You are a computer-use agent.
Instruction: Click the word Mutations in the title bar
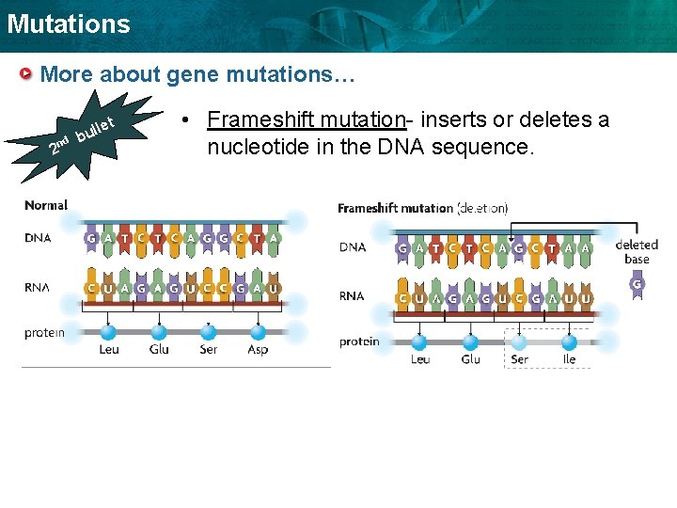pos(69,24)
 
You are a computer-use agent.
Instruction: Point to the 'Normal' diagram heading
pos(46,205)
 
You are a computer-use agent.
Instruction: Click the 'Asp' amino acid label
pos(258,349)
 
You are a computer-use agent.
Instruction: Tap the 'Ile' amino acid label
pos(569,358)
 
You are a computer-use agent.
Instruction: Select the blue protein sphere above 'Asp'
pos(258,331)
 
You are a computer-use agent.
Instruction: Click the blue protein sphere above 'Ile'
pos(569,341)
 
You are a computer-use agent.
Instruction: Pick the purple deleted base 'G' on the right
pos(637,284)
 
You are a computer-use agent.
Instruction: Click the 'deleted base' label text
pos(637,252)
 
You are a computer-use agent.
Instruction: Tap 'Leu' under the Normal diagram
pos(109,349)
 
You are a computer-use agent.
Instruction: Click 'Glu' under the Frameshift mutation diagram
pos(470,358)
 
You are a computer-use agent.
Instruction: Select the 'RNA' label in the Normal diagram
pos(39,288)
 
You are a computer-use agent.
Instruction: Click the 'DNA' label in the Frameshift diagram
pos(353,247)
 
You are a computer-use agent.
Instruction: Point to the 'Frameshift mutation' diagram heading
pos(395,208)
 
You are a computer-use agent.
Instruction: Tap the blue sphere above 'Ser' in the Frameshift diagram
pos(519,341)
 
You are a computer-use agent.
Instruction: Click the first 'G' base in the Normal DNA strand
pos(91,239)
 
